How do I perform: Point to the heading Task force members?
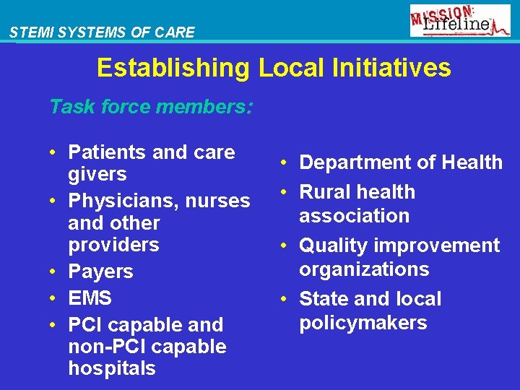click(151, 108)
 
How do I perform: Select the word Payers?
click(100, 272)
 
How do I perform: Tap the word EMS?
click(90, 298)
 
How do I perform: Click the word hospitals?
click(112, 368)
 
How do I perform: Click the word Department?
click(351, 162)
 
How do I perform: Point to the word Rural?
click(324, 192)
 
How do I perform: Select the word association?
click(354, 215)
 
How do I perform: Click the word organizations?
click(364, 269)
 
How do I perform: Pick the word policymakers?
click(363, 322)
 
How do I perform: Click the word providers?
click(113, 245)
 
